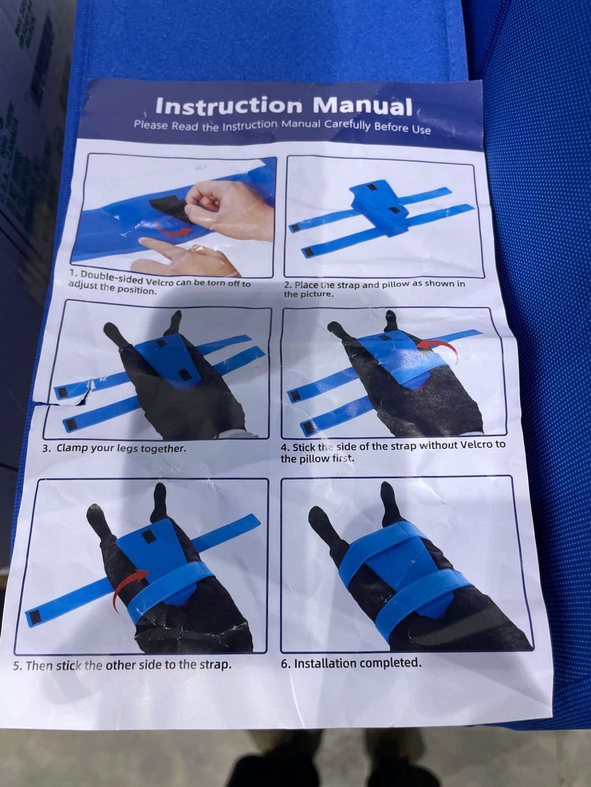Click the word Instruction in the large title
(229, 105)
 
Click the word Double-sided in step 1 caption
(110, 278)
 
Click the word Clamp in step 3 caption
(72, 448)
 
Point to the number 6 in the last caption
(285, 664)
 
